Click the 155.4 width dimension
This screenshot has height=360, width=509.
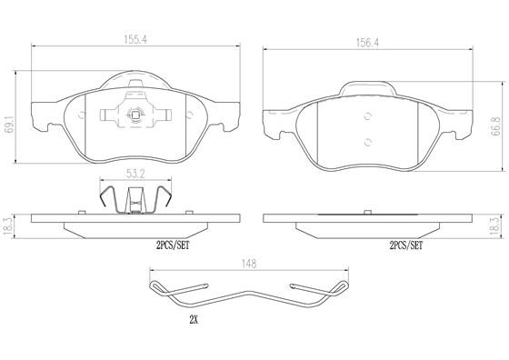tap(135, 40)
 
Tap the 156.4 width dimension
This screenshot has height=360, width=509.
tap(367, 43)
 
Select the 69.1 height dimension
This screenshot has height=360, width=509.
tap(10, 124)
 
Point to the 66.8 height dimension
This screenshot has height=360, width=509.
tap(495, 127)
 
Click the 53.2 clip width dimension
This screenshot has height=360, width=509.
tap(135, 174)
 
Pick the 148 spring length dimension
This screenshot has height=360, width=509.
tap(249, 264)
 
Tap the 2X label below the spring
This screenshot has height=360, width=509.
tap(194, 320)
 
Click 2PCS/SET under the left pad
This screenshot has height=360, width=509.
tap(173, 245)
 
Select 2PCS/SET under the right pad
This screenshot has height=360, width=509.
tap(406, 245)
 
